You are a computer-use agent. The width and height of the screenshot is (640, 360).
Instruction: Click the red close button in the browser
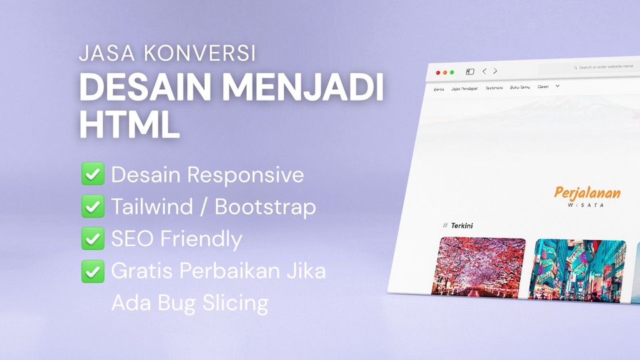point(438,72)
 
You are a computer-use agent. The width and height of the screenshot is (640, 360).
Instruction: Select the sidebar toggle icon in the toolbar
point(470,71)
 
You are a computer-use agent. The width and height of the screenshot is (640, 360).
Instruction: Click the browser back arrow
point(485,71)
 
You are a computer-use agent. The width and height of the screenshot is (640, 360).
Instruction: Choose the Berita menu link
point(439,89)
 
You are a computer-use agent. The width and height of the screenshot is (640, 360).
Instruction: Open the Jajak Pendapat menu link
point(464,88)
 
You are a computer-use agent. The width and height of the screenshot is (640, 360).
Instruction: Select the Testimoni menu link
point(494,87)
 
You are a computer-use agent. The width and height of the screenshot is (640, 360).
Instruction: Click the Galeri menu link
point(543,86)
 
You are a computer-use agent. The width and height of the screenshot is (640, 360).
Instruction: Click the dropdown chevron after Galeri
point(557,85)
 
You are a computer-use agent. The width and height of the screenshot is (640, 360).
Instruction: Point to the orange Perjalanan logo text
point(587,193)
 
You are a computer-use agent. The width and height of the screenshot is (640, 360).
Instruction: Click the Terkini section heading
point(461,225)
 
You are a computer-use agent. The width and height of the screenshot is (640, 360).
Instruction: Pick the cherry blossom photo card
point(482,267)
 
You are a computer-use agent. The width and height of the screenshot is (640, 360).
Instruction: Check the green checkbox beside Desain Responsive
point(92,175)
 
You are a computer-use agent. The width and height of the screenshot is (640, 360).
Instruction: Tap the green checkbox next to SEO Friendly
point(92,238)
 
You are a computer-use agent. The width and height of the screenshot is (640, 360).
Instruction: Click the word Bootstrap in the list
point(265,207)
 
